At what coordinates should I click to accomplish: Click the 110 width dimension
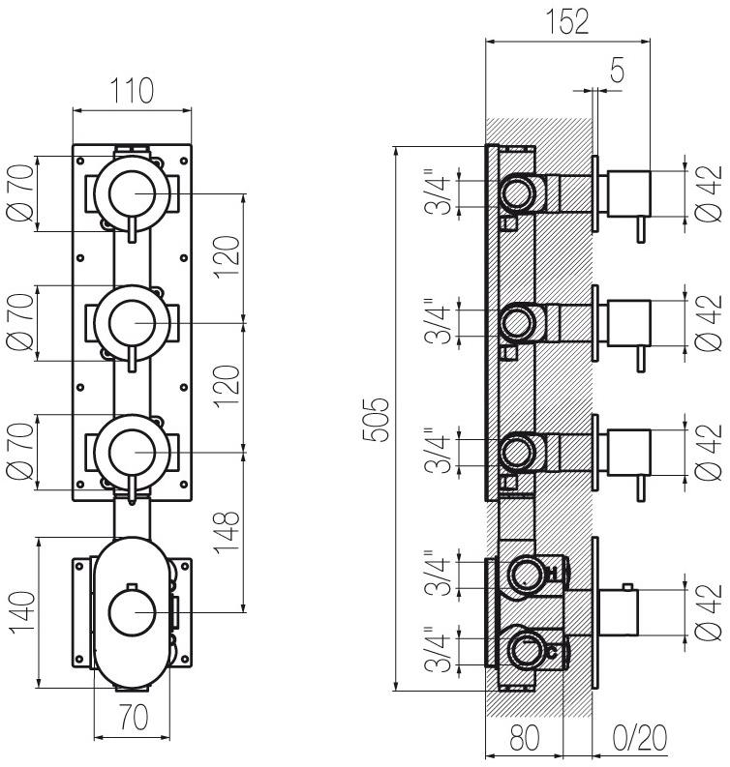132,91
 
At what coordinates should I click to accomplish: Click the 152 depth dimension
567,22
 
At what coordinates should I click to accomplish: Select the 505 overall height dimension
376,420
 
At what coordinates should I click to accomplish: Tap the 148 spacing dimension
227,533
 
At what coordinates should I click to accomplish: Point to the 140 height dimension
23,613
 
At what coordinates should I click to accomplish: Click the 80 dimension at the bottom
525,738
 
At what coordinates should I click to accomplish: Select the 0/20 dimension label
640,738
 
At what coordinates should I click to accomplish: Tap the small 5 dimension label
618,70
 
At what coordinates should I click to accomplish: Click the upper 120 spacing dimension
228,257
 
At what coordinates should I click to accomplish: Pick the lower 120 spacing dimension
228,387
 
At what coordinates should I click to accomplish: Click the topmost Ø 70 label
20,193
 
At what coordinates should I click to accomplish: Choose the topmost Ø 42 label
709,193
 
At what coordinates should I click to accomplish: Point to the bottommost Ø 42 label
709,612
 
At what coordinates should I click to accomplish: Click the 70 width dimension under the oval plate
133,718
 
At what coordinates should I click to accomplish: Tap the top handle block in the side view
628,193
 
